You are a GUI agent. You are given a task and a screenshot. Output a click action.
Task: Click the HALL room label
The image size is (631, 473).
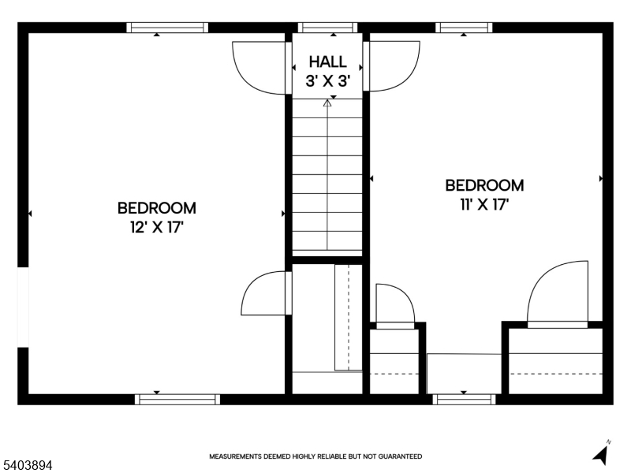[327, 61]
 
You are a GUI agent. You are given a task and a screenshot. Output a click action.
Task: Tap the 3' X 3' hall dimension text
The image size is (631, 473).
[327, 80]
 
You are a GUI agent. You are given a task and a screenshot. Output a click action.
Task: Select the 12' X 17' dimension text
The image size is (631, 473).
[156, 228]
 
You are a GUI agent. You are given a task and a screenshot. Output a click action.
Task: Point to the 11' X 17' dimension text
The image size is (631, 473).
[484, 205]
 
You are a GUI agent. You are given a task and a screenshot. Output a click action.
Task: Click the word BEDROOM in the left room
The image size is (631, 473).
[156, 208]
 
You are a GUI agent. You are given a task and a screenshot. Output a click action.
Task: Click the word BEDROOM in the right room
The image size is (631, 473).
[484, 185]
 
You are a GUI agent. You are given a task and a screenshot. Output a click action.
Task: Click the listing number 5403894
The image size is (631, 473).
[27, 466]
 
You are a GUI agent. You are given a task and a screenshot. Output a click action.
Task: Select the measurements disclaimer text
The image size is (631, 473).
[315, 456]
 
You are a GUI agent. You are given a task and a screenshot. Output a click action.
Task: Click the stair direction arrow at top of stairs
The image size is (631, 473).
[327, 102]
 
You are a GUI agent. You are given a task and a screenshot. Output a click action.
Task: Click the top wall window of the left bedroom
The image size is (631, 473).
[167, 28]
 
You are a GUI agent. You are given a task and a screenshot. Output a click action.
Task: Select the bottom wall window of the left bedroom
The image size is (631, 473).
[177, 399]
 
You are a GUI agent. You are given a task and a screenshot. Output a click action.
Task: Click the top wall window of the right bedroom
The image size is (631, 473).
[464, 28]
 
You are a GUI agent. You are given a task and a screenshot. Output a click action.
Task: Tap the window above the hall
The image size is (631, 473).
[327, 28]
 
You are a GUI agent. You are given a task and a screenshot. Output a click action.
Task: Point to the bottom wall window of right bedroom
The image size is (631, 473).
[464, 399]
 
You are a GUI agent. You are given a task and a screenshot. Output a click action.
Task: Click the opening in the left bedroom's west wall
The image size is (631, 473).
[23, 307]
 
